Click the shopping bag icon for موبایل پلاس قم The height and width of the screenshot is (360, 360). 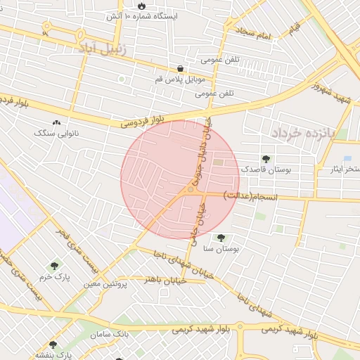tap(181, 69)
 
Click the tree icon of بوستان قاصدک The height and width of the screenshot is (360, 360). tap(265, 159)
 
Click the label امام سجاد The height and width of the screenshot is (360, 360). tap(254, 33)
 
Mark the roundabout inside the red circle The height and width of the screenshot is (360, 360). tap(191, 189)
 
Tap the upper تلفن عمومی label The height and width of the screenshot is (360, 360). tap(221, 60)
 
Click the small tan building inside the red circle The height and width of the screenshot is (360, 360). tap(217, 163)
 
